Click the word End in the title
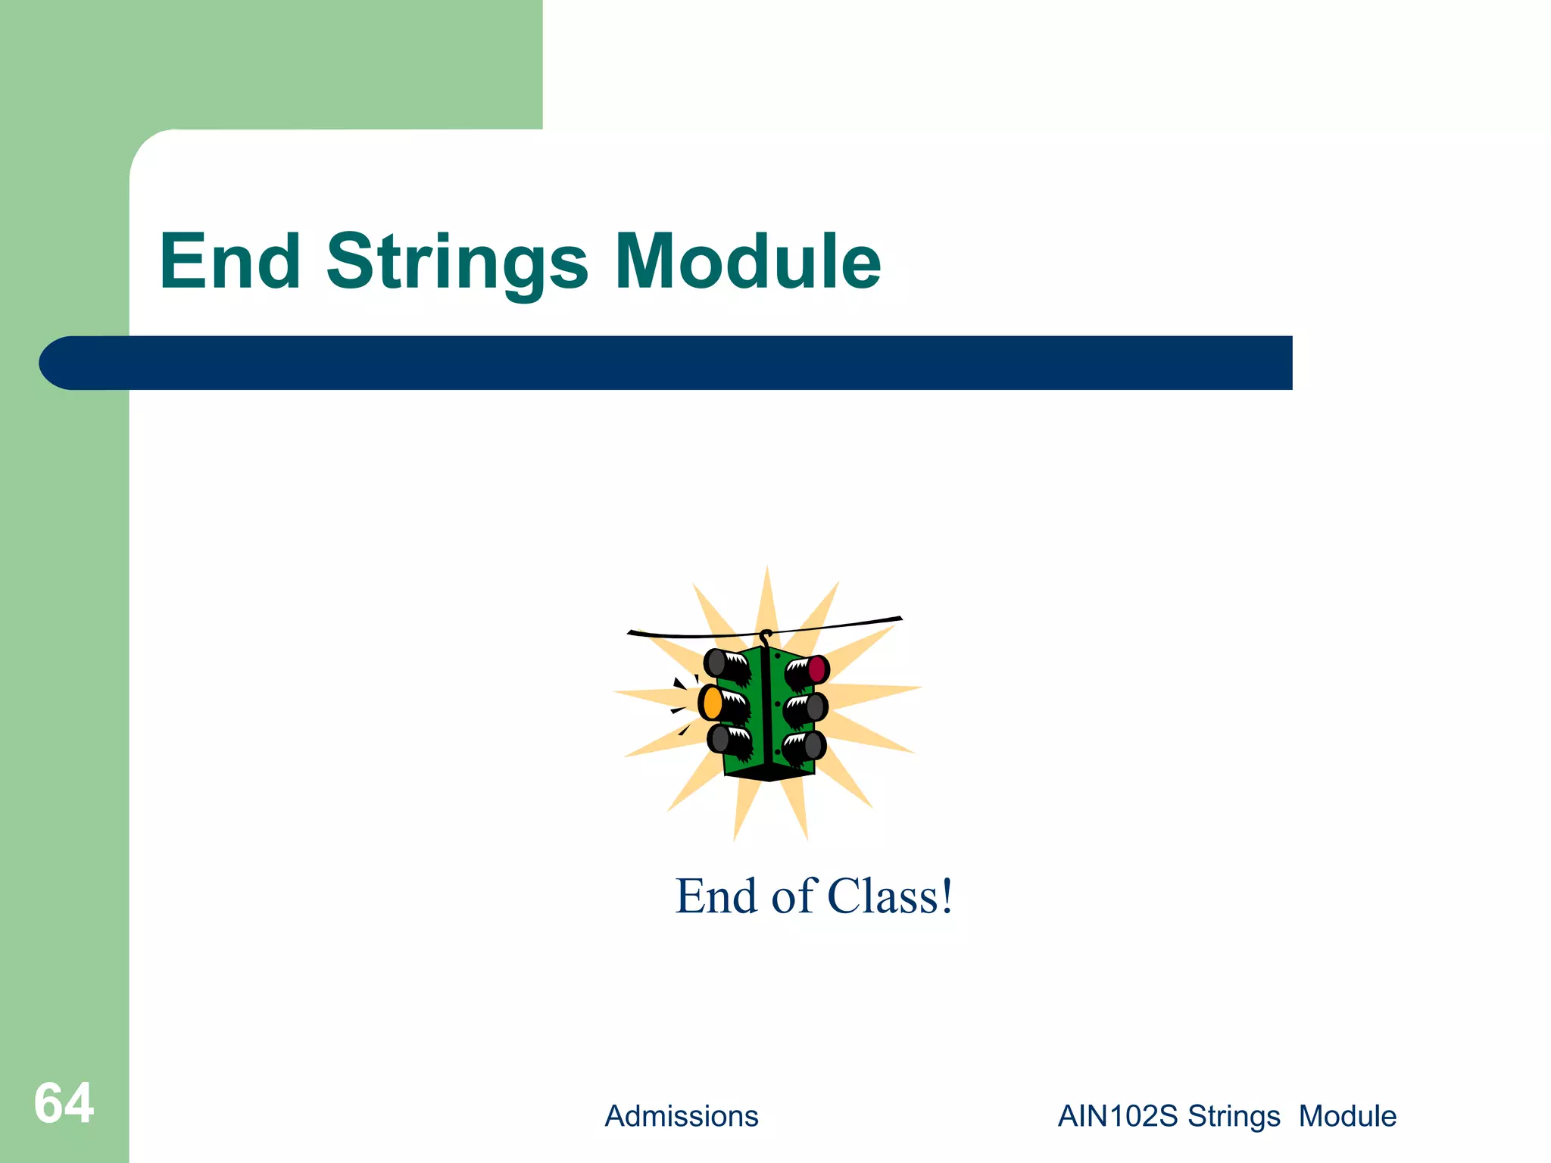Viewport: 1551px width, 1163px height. (230, 262)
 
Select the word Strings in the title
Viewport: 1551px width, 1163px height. (457, 262)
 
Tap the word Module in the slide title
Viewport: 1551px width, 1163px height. (747, 262)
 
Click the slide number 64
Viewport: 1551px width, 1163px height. (64, 1103)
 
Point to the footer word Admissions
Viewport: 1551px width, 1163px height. (681, 1116)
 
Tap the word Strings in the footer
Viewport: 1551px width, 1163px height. (1233, 1116)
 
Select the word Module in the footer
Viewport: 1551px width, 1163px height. (1347, 1116)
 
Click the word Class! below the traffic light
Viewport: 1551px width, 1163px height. (889, 896)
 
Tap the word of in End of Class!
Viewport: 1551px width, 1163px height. (793, 896)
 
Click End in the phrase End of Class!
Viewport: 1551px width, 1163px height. (716, 896)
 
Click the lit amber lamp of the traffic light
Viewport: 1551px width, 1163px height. (712, 703)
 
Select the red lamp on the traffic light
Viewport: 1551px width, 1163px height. (817, 669)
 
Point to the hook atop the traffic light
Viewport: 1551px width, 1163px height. (766, 636)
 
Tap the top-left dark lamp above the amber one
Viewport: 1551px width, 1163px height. (715, 663)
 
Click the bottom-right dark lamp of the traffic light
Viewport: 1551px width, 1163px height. (813, 746)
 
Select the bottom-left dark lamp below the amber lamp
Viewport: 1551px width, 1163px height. (719, 737)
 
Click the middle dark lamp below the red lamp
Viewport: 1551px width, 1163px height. (815, 707)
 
